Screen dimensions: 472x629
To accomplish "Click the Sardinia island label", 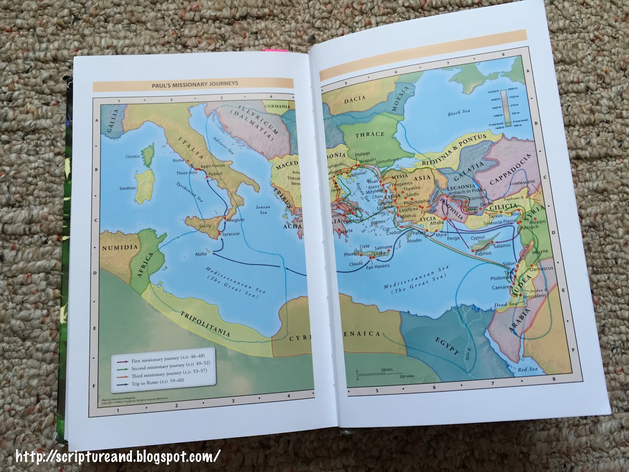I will [x=127, y=188].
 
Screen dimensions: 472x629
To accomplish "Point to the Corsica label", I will [x=133, y=157].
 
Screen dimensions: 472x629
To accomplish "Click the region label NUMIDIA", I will [x=120, y=247].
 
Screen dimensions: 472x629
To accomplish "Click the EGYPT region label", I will [x=448, y=347].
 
